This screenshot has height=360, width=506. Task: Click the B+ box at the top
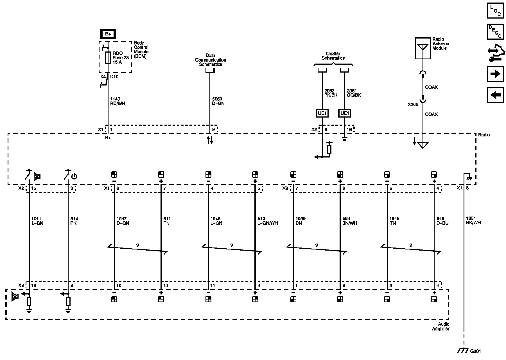point(108,34)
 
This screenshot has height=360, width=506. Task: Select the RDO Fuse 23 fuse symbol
point(108,58)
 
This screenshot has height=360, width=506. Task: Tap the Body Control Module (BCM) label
point(141,49)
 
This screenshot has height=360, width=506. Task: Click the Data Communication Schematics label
point(211,60)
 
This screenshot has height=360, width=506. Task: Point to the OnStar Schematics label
point(333,56)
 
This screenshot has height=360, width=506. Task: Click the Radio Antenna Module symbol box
point(423,48)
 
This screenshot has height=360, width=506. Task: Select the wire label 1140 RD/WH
point(118,101)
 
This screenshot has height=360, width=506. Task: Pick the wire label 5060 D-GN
point(218,101)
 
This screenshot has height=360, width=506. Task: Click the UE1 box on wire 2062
point(322,113)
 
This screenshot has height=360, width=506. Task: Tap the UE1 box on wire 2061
point(345,113)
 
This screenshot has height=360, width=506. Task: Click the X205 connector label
point(413,104)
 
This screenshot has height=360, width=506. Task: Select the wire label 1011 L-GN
point(37,221)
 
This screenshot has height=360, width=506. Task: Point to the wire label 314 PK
point(74,221)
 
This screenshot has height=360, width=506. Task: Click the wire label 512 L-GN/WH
point(267,221)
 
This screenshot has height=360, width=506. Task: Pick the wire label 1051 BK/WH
point(473,220)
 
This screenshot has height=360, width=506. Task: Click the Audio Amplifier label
point(441,327)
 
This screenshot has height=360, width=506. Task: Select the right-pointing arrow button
point(495,74)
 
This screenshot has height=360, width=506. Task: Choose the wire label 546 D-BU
point(442,221)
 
